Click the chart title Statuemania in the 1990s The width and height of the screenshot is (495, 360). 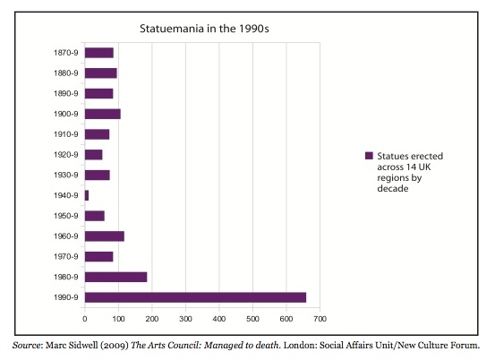coord(204,29)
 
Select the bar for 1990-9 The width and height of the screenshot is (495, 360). coord(195,297)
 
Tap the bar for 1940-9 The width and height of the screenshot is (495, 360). coord(87,195)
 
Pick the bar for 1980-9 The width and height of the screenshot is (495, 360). coord(115,277)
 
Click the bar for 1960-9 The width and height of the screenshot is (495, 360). coord(105,236)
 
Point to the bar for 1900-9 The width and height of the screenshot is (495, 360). coord(103,114)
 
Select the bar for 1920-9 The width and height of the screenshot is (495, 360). coord(93,155)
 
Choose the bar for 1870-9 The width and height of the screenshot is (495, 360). coord(99,53)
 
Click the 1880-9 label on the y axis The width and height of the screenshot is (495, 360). coord(65,73)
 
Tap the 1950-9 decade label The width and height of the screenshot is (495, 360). coord(65,216)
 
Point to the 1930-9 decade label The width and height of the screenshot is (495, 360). coord(65,176)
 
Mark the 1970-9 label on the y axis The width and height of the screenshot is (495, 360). coord(65,257)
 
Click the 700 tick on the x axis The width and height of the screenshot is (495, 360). coord(320,319)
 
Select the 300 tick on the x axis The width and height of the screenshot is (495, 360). coord(185,319)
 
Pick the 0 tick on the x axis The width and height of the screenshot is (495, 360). coord(85,319)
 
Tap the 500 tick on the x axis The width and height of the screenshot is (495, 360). coord(252,319)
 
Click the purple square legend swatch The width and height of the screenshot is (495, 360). coord(369,156)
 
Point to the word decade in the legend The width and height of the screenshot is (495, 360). coord(393,189)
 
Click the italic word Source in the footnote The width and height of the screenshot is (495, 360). coord(26,345)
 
